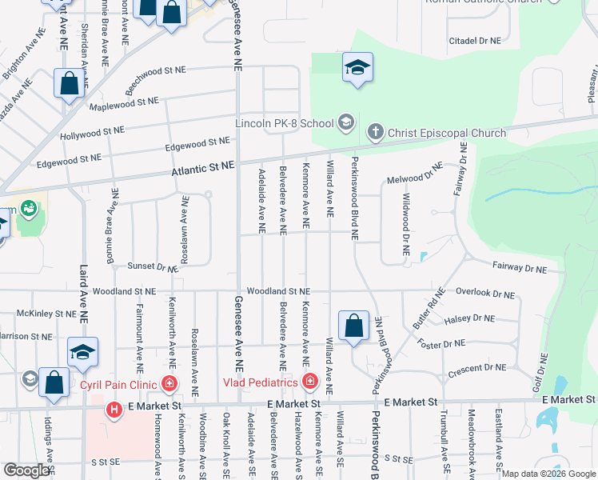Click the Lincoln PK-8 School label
pos(284,124)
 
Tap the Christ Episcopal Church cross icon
pos(374,131)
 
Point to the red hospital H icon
pos(114,410)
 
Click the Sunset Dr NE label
pos(153,266)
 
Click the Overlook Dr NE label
pos(486,294)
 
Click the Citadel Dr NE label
pos(474,40)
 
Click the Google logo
pos(26,470)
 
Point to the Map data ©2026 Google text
pos(548,474)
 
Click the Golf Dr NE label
pos(544,372)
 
